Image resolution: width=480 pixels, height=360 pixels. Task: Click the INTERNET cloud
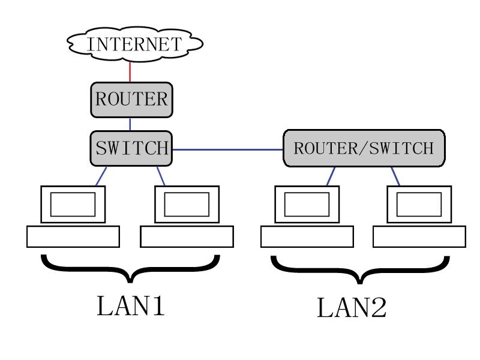click(134, 44)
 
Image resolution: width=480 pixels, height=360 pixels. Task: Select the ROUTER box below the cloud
click(131, 100)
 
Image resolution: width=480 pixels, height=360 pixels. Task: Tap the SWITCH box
click(131, 148)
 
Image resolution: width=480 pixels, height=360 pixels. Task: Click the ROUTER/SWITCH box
click(364, 148)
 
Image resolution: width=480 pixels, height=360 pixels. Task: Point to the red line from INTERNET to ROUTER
click(130, 71)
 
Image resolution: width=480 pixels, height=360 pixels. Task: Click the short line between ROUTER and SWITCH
click(130, 124)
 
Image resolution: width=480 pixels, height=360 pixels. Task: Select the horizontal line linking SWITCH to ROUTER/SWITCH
click(228, 149)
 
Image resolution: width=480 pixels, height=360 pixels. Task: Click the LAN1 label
click(131, 306)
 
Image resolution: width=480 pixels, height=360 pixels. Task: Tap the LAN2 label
click(352, 308)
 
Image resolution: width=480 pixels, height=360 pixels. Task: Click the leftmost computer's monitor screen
click(73, 204)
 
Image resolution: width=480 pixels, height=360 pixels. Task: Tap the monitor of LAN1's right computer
click(187, 204)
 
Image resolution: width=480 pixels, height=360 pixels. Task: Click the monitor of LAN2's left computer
click(307, 204)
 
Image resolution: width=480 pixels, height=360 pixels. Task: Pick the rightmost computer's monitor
click(419, 204)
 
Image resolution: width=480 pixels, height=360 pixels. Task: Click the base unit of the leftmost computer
click(73, 236)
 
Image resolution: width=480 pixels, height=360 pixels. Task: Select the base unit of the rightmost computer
click(419, 236)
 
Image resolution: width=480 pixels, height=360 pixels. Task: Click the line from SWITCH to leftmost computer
click(101, 176)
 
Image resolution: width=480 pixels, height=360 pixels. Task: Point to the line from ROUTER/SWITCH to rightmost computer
click(395, 176)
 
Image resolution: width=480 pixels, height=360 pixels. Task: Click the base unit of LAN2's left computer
click(307, 236)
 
